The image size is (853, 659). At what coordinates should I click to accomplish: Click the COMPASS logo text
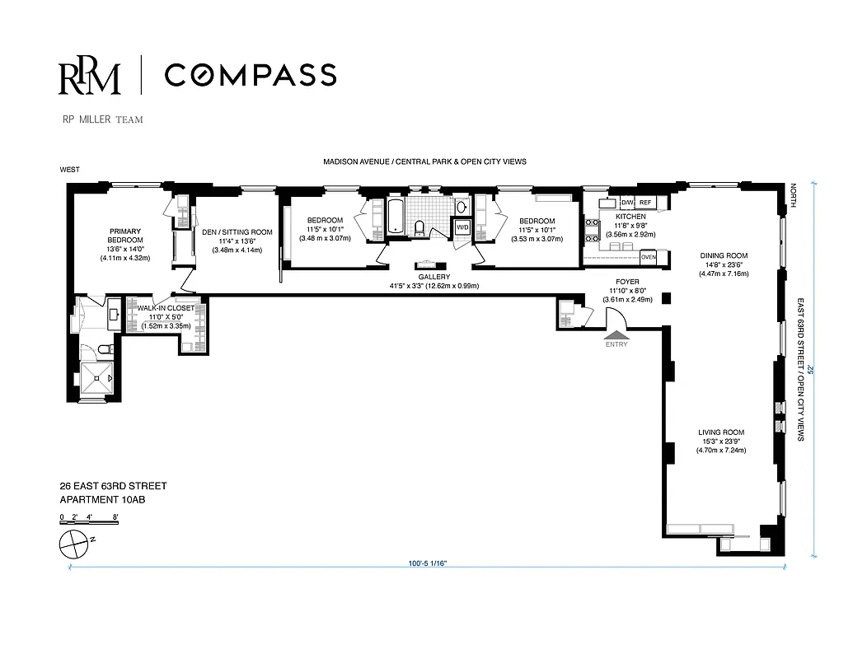250,75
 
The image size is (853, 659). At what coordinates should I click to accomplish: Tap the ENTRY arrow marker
616,334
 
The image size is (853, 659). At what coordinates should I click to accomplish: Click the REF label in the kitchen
645,202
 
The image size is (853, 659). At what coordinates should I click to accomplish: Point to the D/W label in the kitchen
626,202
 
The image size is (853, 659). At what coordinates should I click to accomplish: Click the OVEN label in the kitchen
648,257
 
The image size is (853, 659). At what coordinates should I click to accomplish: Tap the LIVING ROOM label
721,432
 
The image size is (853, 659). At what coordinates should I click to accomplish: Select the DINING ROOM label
724,255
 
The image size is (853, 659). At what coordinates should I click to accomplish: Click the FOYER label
629,282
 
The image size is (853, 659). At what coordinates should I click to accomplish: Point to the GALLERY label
434,277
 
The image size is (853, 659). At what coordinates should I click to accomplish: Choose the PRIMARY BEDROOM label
126,236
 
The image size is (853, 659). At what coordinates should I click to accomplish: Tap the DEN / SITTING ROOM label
237,232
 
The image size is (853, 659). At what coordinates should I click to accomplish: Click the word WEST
69,171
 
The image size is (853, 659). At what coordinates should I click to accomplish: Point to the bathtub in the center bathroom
396,218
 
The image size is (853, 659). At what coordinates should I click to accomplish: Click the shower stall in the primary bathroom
98,379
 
